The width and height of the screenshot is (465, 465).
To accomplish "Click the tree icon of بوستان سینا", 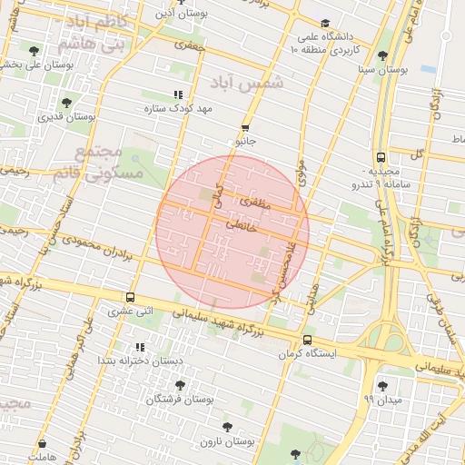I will pos(381,55).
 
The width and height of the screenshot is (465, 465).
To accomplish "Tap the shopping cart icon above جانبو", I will pos(246,128).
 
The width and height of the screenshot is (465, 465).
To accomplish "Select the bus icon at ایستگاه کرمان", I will pos(307,341).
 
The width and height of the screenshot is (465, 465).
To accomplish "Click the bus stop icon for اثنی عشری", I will pos(132,297).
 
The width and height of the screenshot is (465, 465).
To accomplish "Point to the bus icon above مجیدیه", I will pos(380,156).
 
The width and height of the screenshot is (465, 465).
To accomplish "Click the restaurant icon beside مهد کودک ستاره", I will pos(178,94).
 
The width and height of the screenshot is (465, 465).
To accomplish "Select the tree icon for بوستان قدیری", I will pos(66,103).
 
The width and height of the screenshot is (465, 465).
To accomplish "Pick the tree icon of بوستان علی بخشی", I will pos(35,51).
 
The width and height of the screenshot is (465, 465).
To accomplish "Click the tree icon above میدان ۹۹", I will pos(381,386).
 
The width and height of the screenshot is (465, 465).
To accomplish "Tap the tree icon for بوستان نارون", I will pos(227,426).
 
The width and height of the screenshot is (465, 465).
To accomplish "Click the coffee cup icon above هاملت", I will pos(42,445).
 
